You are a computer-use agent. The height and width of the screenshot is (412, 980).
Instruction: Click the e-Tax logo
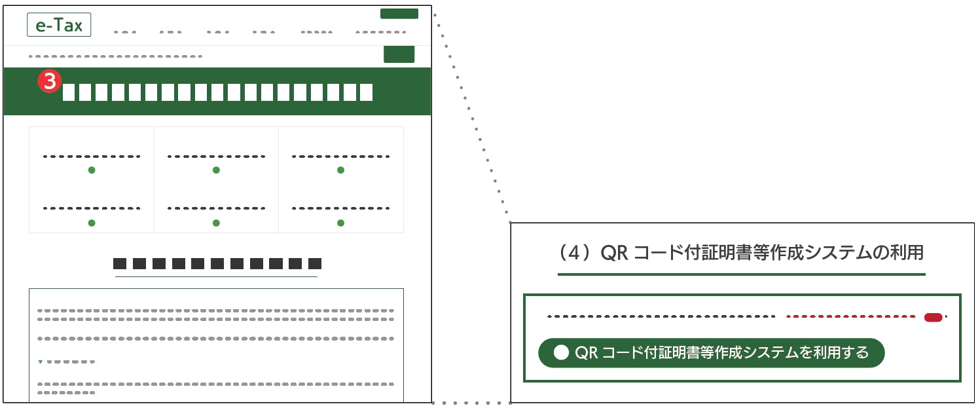click(59, 25)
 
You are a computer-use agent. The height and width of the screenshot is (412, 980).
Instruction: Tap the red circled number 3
click(49, 82)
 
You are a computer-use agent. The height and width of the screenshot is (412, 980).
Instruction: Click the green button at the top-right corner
click(399, 14)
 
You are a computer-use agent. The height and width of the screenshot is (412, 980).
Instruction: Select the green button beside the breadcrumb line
click(399, 55)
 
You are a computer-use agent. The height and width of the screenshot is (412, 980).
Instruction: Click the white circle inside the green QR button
click(561, 352)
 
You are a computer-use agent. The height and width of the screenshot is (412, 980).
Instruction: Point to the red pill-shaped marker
click(933, 318)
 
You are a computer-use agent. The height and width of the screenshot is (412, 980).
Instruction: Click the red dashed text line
click(851, 317)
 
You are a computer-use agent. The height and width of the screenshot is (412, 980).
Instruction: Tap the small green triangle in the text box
click(41, 362)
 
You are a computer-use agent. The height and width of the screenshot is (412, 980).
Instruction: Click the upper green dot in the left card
click(92, 170)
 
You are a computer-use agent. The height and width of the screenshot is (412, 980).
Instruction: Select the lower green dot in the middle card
click(216, 223)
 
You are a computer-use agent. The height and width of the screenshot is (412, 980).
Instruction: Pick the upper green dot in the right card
click(340, 170)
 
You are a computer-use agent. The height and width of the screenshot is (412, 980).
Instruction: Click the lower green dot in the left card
click(92, 223)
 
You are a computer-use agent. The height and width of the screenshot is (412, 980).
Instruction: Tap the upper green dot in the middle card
click(216, 170)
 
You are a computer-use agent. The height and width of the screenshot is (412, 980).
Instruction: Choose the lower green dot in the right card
click(340, 223)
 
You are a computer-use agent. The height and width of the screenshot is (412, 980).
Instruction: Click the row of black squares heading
click(217, 264)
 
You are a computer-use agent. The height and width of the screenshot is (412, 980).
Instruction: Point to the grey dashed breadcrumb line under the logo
click(115, 56)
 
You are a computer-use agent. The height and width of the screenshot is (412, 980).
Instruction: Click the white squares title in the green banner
click(217, 92)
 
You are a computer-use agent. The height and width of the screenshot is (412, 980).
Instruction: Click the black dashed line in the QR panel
click(661, 317)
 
